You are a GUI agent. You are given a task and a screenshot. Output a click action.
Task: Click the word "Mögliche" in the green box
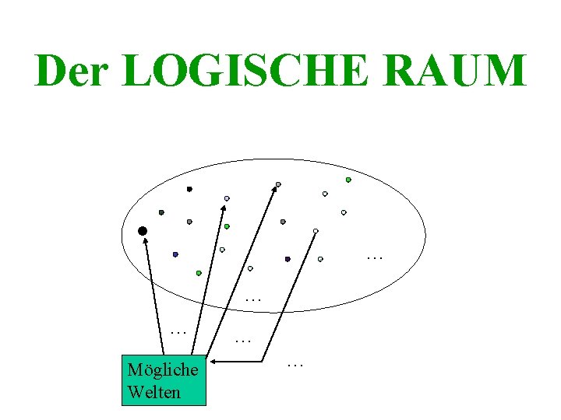(x=163, y=370)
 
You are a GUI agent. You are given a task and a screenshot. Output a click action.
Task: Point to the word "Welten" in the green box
(x=153, y=391)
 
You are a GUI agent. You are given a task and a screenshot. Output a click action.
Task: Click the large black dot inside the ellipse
(x=143, y=231)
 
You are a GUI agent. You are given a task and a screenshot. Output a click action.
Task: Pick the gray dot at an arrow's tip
(x=277, y=185)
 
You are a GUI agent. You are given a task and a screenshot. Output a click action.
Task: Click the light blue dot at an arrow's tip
(x=227, y=198)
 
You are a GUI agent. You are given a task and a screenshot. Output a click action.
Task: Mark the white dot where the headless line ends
(x=316, y=230)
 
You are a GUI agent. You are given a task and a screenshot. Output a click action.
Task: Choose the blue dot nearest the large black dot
(x=175, y=254)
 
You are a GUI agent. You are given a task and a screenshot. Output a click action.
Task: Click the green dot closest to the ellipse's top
(x=348, y=180)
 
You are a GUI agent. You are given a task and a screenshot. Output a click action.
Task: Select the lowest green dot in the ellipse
(x=199, y=273)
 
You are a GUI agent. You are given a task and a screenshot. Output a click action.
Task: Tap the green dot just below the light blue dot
(x=227, y=226)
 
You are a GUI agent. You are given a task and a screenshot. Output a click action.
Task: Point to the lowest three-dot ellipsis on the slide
(x=295, y=364)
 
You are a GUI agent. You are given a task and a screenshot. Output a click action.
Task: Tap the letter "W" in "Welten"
(x=135, y=391)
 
